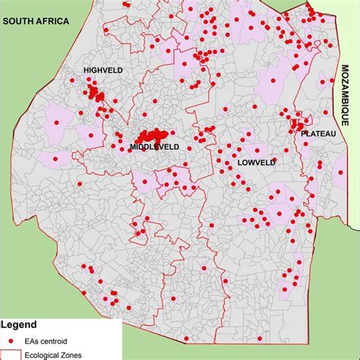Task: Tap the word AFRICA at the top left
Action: pos(52,21)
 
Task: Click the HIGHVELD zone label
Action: pos(103,71)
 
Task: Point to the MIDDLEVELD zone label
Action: pos(154,146)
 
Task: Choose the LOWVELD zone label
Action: pos(257,163)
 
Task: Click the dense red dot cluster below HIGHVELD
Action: pos(95,93)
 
